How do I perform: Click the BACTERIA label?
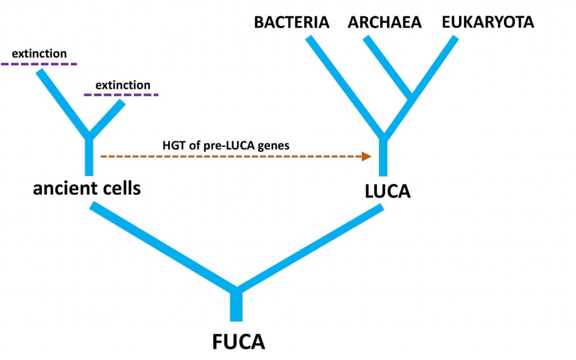291,22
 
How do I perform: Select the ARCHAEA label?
384,22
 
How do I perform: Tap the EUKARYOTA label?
487,22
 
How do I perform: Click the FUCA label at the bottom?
238,341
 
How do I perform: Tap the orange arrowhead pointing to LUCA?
367,156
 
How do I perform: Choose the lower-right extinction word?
123,85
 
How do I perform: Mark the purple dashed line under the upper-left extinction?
39,65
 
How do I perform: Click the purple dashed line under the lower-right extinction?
121,95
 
